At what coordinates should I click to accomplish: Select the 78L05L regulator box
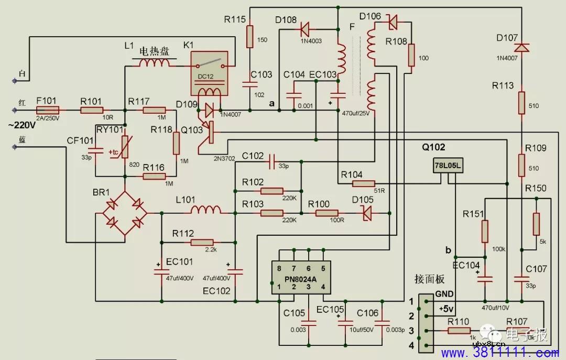[x=447, y=166]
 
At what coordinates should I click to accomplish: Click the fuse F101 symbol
[x=48, y=110]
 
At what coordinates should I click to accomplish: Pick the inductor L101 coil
[x=205, y=211]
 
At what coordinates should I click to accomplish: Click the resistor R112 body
[x=202, y=243]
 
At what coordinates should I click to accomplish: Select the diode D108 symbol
[x=304, y=28]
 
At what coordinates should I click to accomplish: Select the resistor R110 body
[x=459, y=331]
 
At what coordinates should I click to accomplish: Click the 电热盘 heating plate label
[x=154, y=51]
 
